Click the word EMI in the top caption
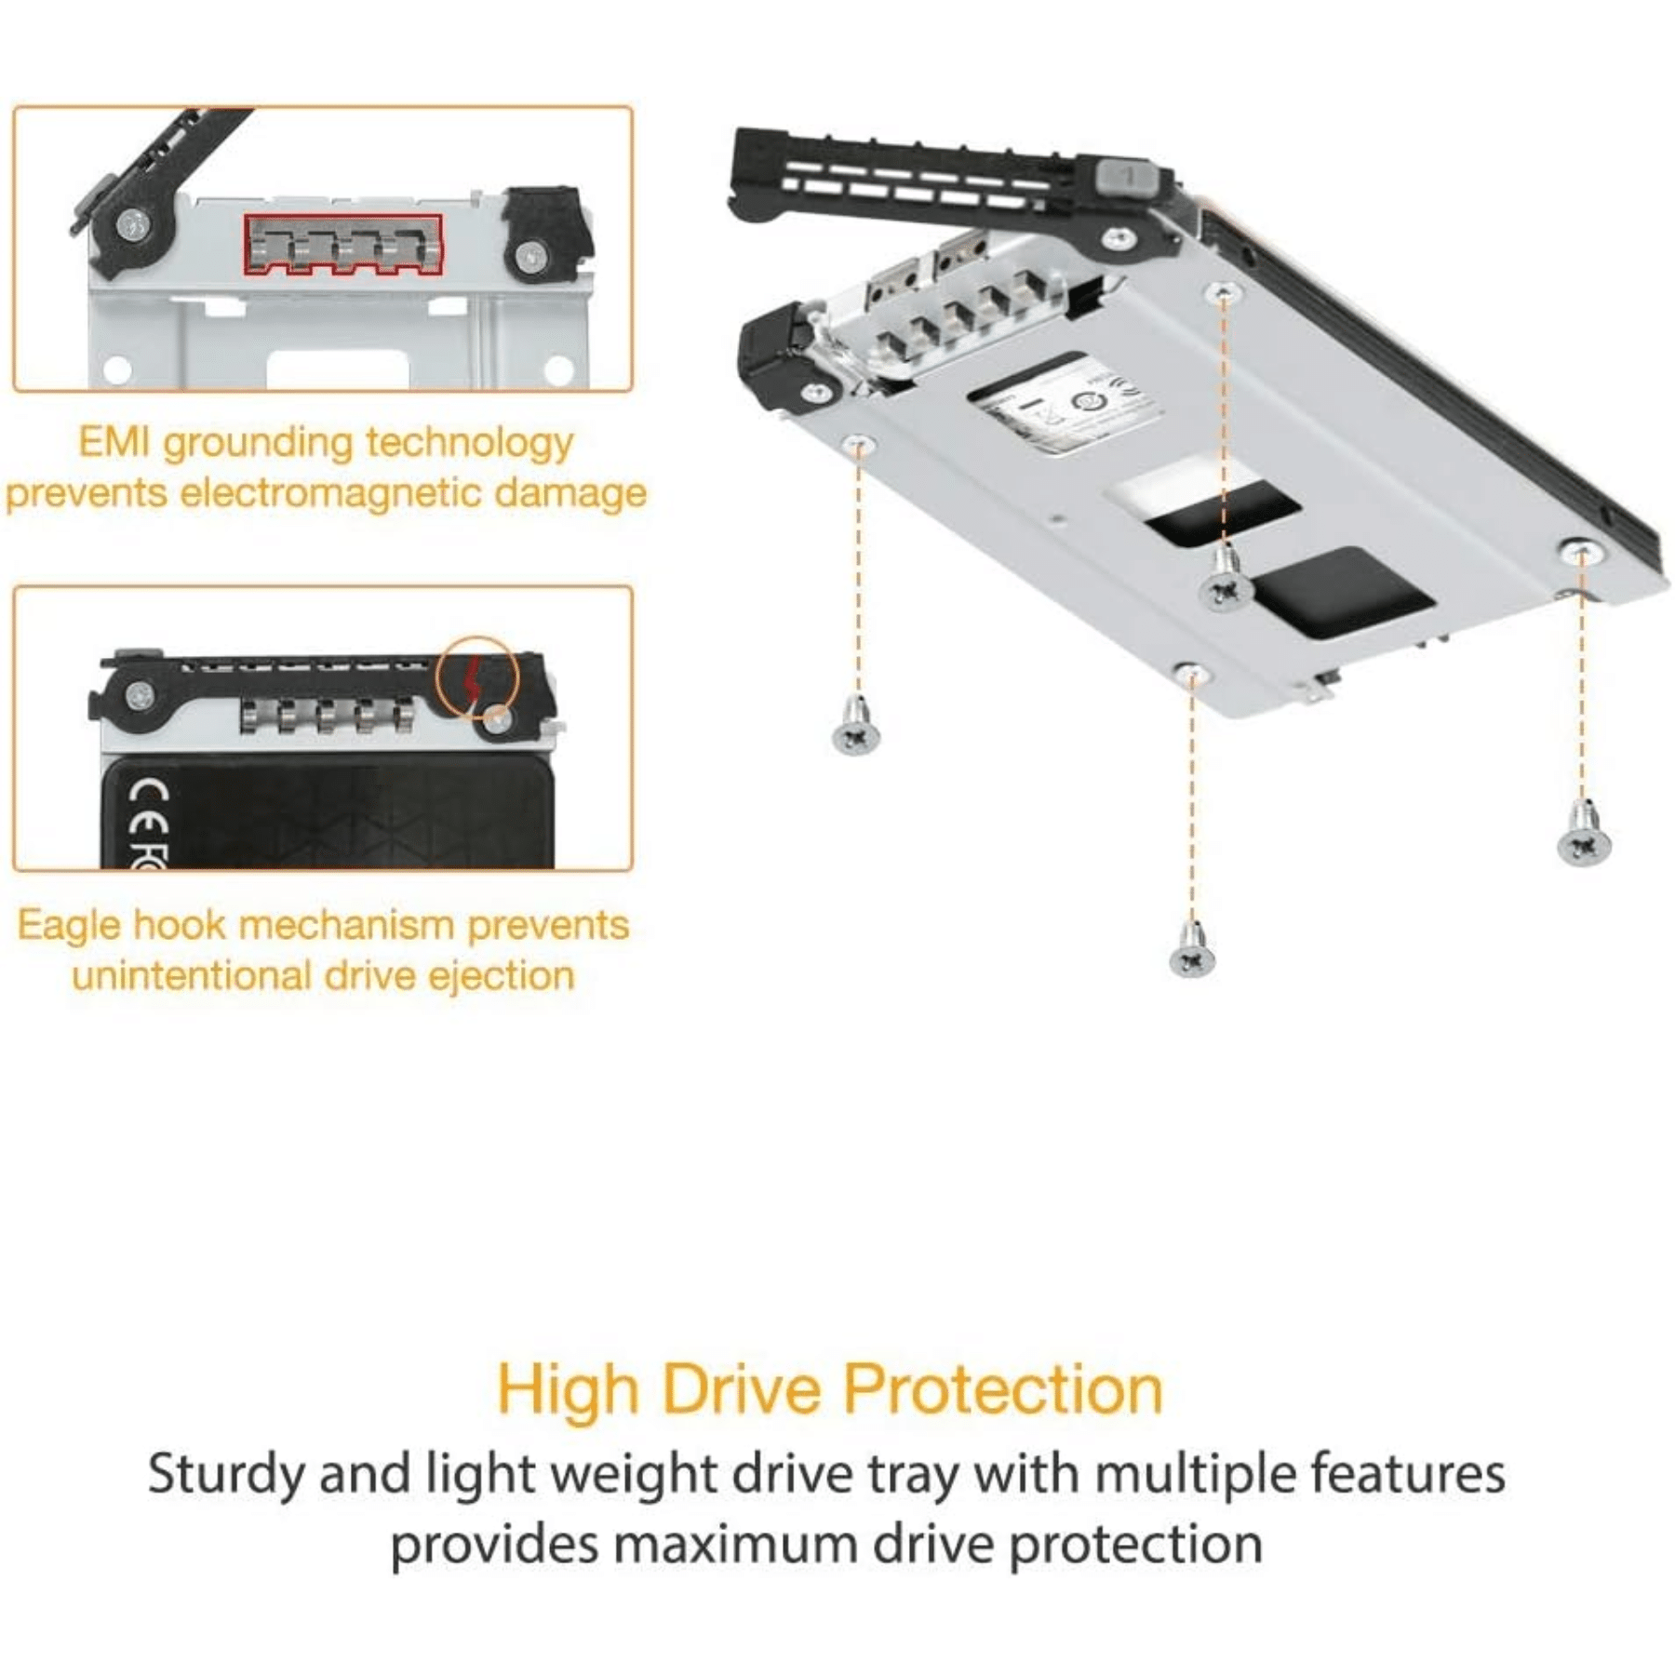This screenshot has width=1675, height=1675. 115,442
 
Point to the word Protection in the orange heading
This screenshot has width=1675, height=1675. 1003,1389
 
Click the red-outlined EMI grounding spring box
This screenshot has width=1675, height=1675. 343,246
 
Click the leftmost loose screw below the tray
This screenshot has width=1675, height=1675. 856,725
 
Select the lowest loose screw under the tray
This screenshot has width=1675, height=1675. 1192,949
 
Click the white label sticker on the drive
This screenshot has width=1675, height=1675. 1065,403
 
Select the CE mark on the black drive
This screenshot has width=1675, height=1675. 149,808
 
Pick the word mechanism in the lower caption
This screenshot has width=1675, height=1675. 347,926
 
